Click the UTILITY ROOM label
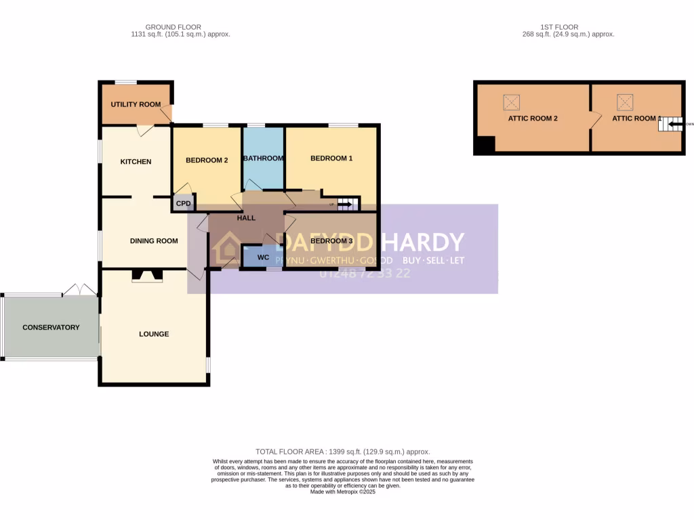click(136, 104)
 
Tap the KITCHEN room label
click(136, 161)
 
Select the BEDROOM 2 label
click(206, 160)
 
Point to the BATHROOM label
click(263, 158)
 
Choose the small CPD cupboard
click(183, 204)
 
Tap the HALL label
click(246, 218)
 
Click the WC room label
click(263, 257)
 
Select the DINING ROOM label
click(154, 240)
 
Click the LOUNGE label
click(154, 334)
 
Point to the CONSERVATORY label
click(51, 327)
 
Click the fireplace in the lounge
click(147, 275)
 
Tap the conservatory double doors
click(80, 290)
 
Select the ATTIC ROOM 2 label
click(533, 118)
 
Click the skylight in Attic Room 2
click(511, 102)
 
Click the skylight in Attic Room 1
click(625, 102)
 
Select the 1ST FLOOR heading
click(550, 27)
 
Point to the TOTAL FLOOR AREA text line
click(342, 451)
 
